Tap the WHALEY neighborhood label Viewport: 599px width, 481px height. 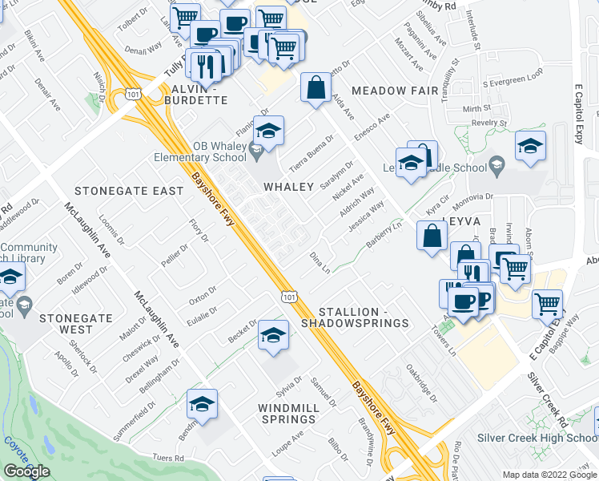click(289, 187)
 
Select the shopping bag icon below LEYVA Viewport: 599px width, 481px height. click(432, 236)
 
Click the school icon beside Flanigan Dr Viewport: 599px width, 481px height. click(268, 129)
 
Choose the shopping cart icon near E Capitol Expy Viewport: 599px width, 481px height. click(548, 303)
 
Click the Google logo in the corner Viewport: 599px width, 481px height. click(26, 471)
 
